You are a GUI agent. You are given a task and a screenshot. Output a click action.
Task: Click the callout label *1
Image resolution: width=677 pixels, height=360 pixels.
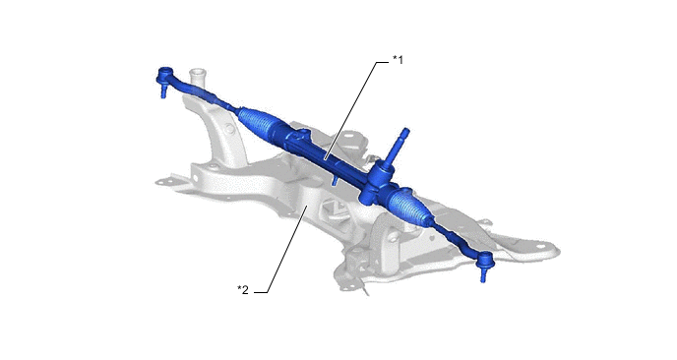coord(398,60)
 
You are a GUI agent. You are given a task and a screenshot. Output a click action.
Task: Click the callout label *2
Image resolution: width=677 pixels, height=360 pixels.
coord(243,289)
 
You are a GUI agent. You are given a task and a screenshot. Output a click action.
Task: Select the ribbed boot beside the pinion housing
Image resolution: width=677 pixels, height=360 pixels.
coord(408,204)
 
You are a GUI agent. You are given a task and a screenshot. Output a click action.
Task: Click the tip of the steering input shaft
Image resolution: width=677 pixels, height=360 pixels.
coord(405,130)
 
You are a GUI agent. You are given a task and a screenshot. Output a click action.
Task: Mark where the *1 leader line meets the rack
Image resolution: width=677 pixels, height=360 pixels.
coord(325,158)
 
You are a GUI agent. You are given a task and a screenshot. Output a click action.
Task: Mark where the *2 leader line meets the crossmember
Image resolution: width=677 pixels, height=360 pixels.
coord(307,207)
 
